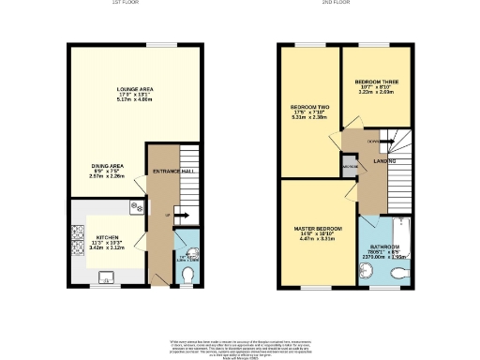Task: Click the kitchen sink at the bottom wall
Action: point(105,276)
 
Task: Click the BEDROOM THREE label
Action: point(377,83)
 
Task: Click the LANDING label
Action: point(384,161)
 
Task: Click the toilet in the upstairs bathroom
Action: point(400,273)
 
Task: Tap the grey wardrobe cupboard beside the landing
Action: point(350,169)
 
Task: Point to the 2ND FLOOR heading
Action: point(334,3)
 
